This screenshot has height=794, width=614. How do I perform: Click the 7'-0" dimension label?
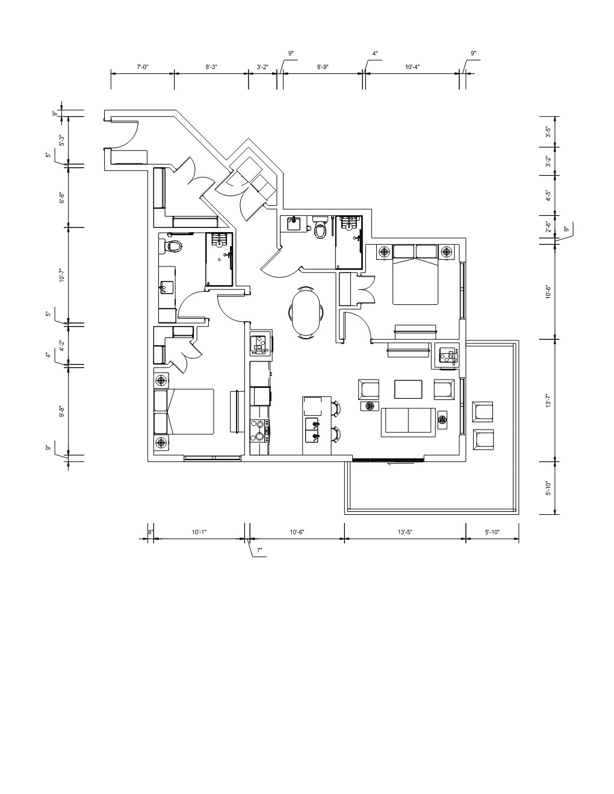[142, 67]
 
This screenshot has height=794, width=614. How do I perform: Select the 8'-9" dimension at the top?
[323, 67]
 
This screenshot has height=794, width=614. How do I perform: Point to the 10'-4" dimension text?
[412, 67]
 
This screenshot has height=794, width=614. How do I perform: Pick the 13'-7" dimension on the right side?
[548, 401]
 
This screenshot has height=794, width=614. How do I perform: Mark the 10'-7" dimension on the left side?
[61, 275]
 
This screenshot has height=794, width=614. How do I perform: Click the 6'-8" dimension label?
[61, 198]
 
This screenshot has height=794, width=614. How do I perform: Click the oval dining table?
[306, 313]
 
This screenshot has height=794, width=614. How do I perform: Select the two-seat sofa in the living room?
[409, 422]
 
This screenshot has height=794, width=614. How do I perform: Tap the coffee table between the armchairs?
[408, 390]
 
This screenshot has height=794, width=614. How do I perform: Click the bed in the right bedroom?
[415, 274]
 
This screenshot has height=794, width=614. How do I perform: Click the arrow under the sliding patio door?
[401, 464]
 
